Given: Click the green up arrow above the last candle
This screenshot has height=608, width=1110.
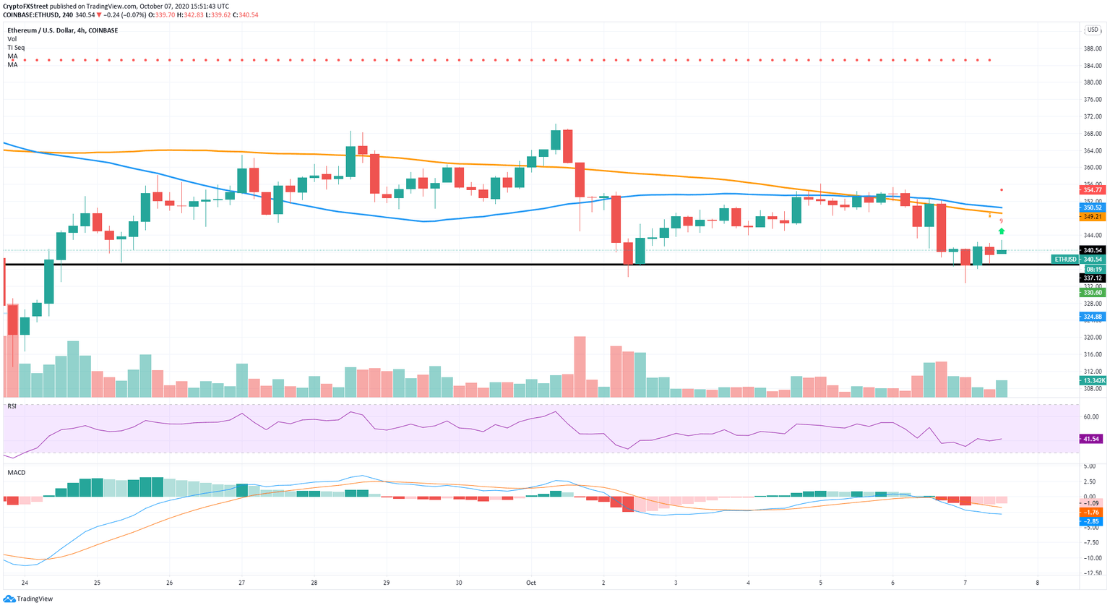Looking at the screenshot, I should click(x=1002, y=231).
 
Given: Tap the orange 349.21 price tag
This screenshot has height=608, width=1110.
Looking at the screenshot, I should click(x=1092, y=216).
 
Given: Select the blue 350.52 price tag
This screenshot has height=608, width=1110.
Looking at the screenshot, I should click(x=1092, y=207).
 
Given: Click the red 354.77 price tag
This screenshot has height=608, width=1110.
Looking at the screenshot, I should click(x=1092, y=190).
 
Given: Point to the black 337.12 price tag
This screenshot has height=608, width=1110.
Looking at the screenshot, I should click(x=1092, y=278).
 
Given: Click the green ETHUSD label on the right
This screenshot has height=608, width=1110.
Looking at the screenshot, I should click(x=1065, y=259).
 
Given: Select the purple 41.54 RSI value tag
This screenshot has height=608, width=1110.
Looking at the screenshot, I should click(x=1092, y=439).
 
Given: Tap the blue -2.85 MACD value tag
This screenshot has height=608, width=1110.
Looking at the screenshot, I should click(x=1092, y=521).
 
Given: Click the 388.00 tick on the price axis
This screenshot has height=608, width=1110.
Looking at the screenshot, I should click(x=1092, y=48).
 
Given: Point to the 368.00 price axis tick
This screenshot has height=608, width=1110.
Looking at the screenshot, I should click(x=1092, y=134).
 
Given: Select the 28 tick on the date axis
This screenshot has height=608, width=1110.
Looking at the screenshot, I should click(x=314, y=582).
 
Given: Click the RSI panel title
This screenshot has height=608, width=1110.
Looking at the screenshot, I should click(x=12, y=406).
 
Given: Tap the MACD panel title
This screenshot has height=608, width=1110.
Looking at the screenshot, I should click(x=16, y=473).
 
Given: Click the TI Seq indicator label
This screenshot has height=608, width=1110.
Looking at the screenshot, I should click(x=16, y=48).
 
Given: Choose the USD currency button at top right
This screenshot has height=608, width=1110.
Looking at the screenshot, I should click(x=1092, y=30).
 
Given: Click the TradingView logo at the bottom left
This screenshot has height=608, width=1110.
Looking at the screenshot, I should click(x=28, y=599).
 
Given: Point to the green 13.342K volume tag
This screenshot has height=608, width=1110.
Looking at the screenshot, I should click(x=1092, y=380).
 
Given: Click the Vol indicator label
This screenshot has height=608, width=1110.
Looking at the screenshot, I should click(x=12, y=39).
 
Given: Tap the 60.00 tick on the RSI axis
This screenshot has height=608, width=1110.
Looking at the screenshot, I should click(x=1092, y=417).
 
